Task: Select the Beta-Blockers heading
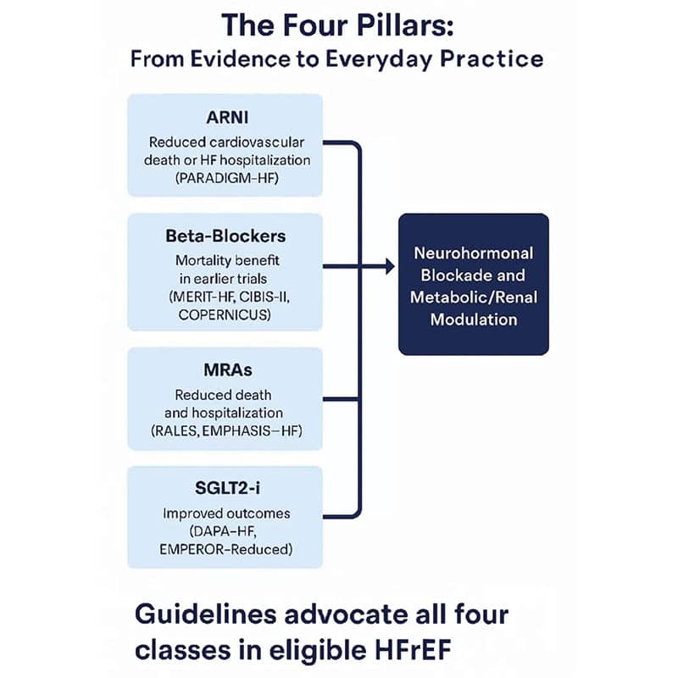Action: [x=225, y=235]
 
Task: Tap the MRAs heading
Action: [x=225, y=370]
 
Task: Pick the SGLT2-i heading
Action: [x=225, y=488]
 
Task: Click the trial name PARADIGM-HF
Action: [x=225, y=178]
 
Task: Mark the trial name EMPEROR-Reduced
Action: [x=225, y=550]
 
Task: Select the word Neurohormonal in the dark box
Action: [x=473, y=253]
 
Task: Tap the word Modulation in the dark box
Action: [x=473, y=320]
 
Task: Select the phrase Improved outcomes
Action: [x=225, y=514]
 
